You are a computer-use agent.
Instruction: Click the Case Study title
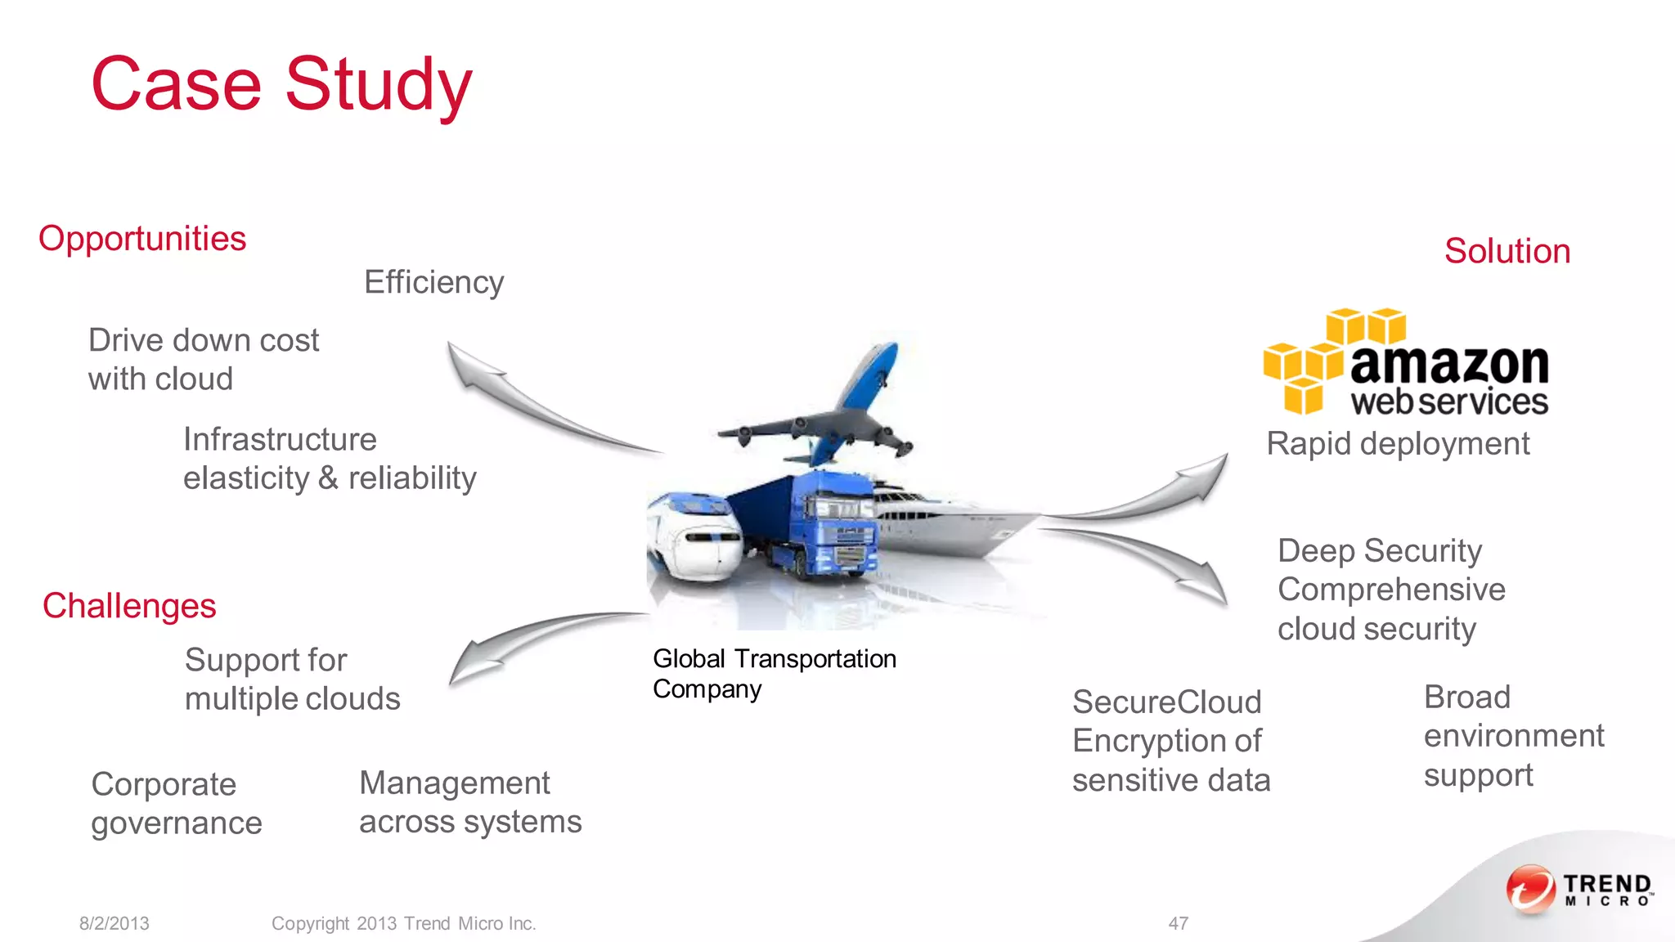[281, 84]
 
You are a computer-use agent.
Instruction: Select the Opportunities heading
[142, 239]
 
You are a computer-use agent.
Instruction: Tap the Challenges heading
[129, 606]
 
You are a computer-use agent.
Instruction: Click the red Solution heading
[1507, 251]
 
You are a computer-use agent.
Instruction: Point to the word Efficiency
[433, 282]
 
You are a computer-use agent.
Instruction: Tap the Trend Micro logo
[1578, 889]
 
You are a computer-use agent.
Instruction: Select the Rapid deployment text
[1397, 444]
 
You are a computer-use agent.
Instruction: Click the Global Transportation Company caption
[774, 674]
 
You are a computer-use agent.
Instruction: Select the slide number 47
[1178, 923]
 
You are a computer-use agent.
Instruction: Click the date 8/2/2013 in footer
[114, 923]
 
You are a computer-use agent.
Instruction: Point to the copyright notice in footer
[403, 923]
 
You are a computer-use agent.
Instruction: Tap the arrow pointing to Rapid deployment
[1161, 491]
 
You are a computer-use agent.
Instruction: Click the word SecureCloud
[1166, 702]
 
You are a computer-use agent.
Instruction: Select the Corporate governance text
[176, 804]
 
